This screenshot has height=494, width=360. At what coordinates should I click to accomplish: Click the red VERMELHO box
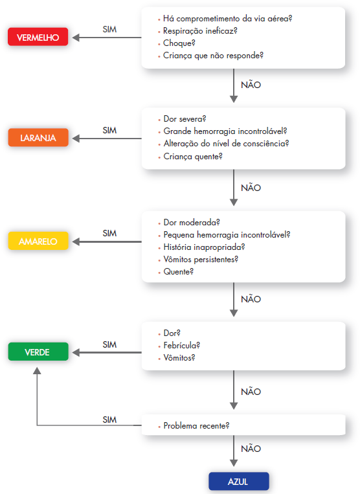tap(38, 37)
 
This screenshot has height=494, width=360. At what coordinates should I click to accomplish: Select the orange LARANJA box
tap(38, 137)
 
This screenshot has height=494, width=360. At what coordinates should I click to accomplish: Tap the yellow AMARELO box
tap(38, 241)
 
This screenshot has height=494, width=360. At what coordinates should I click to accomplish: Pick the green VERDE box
tap(38, 352)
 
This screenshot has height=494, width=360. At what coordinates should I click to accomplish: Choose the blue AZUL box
tap(239, 481)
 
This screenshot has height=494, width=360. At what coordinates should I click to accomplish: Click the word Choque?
tap(179, 43)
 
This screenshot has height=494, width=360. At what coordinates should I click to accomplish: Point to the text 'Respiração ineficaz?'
tap(200, 31)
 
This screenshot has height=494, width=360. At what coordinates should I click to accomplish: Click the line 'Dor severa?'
tap(185, 118)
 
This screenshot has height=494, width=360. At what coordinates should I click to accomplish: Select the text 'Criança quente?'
tap(193, 156)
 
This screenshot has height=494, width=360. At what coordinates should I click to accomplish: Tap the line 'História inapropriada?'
tap(204, 247)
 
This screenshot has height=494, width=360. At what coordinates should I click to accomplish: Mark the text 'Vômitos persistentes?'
tap(201, 259)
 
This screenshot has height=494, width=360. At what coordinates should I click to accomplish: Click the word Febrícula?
tap(181, 345)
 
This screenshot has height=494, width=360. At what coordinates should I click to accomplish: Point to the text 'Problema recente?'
tap(196, 425)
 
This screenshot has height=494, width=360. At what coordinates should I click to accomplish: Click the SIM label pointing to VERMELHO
tap(109, 29)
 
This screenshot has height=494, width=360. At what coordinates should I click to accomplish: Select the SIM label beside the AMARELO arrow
tap(109, 233)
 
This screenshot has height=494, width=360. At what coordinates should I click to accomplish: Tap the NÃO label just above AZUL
tap(251, 449)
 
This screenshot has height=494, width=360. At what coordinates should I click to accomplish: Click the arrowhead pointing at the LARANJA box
tap(76, 139)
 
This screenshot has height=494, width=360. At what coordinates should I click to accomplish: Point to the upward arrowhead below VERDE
tap(37, 370)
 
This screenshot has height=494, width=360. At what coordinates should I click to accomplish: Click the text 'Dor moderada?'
tap(192, 223)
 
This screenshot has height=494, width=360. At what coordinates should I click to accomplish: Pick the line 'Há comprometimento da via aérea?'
tap(227, 19)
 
